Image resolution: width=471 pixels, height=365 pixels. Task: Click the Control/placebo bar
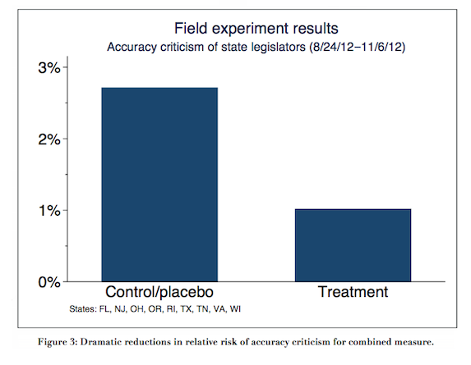tap(159, 185)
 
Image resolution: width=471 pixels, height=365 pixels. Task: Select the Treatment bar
tap(353, 245)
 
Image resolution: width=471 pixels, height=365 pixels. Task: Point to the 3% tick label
tap(49, 68)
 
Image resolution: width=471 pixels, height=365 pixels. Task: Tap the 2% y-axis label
tap(49, 139)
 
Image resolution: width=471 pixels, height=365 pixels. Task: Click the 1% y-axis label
tap(49, 211)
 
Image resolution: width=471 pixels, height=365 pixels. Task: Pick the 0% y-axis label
tap(49, 282)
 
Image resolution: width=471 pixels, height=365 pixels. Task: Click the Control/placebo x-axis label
tap(159, 292)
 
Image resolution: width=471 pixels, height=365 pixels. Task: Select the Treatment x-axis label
tap(353, 292)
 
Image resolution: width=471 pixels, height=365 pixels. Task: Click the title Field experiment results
tap(256, 29)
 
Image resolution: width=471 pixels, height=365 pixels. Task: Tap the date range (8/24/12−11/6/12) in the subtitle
tap(358, 48)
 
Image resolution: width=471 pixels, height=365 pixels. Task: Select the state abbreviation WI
tap(235, 309)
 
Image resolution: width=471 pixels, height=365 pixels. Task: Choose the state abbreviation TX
tap(187, 309)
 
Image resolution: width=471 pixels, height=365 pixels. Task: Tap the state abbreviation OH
tap(137, 309)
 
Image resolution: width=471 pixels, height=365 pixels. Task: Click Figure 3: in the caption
tap(58, 342)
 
